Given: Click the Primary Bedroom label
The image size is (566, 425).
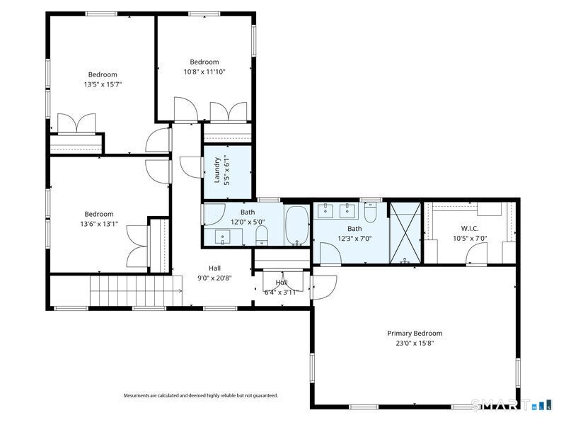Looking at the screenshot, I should click(414, 333).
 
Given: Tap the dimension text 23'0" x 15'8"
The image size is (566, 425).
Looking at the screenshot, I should click(414, 344).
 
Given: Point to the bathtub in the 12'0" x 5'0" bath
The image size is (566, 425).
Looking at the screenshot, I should click(296, 226).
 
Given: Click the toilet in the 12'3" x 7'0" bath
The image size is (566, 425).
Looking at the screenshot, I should click(371, 212).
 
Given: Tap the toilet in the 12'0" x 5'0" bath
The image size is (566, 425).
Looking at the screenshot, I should click(261, 236).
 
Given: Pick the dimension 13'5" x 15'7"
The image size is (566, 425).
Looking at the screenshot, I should click(103, 84).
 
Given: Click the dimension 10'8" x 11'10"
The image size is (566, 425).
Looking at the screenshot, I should click(204, 72).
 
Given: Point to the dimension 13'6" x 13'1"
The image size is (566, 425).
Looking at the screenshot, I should click(99, 225).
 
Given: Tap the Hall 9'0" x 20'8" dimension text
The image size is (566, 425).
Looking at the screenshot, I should click(214, 278).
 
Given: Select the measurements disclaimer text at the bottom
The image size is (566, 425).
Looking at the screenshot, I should click(201, 395).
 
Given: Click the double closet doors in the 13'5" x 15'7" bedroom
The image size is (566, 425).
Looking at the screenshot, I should click(76, 123).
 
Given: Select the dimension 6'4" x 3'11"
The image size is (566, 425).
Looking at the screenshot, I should click(282, 292).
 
